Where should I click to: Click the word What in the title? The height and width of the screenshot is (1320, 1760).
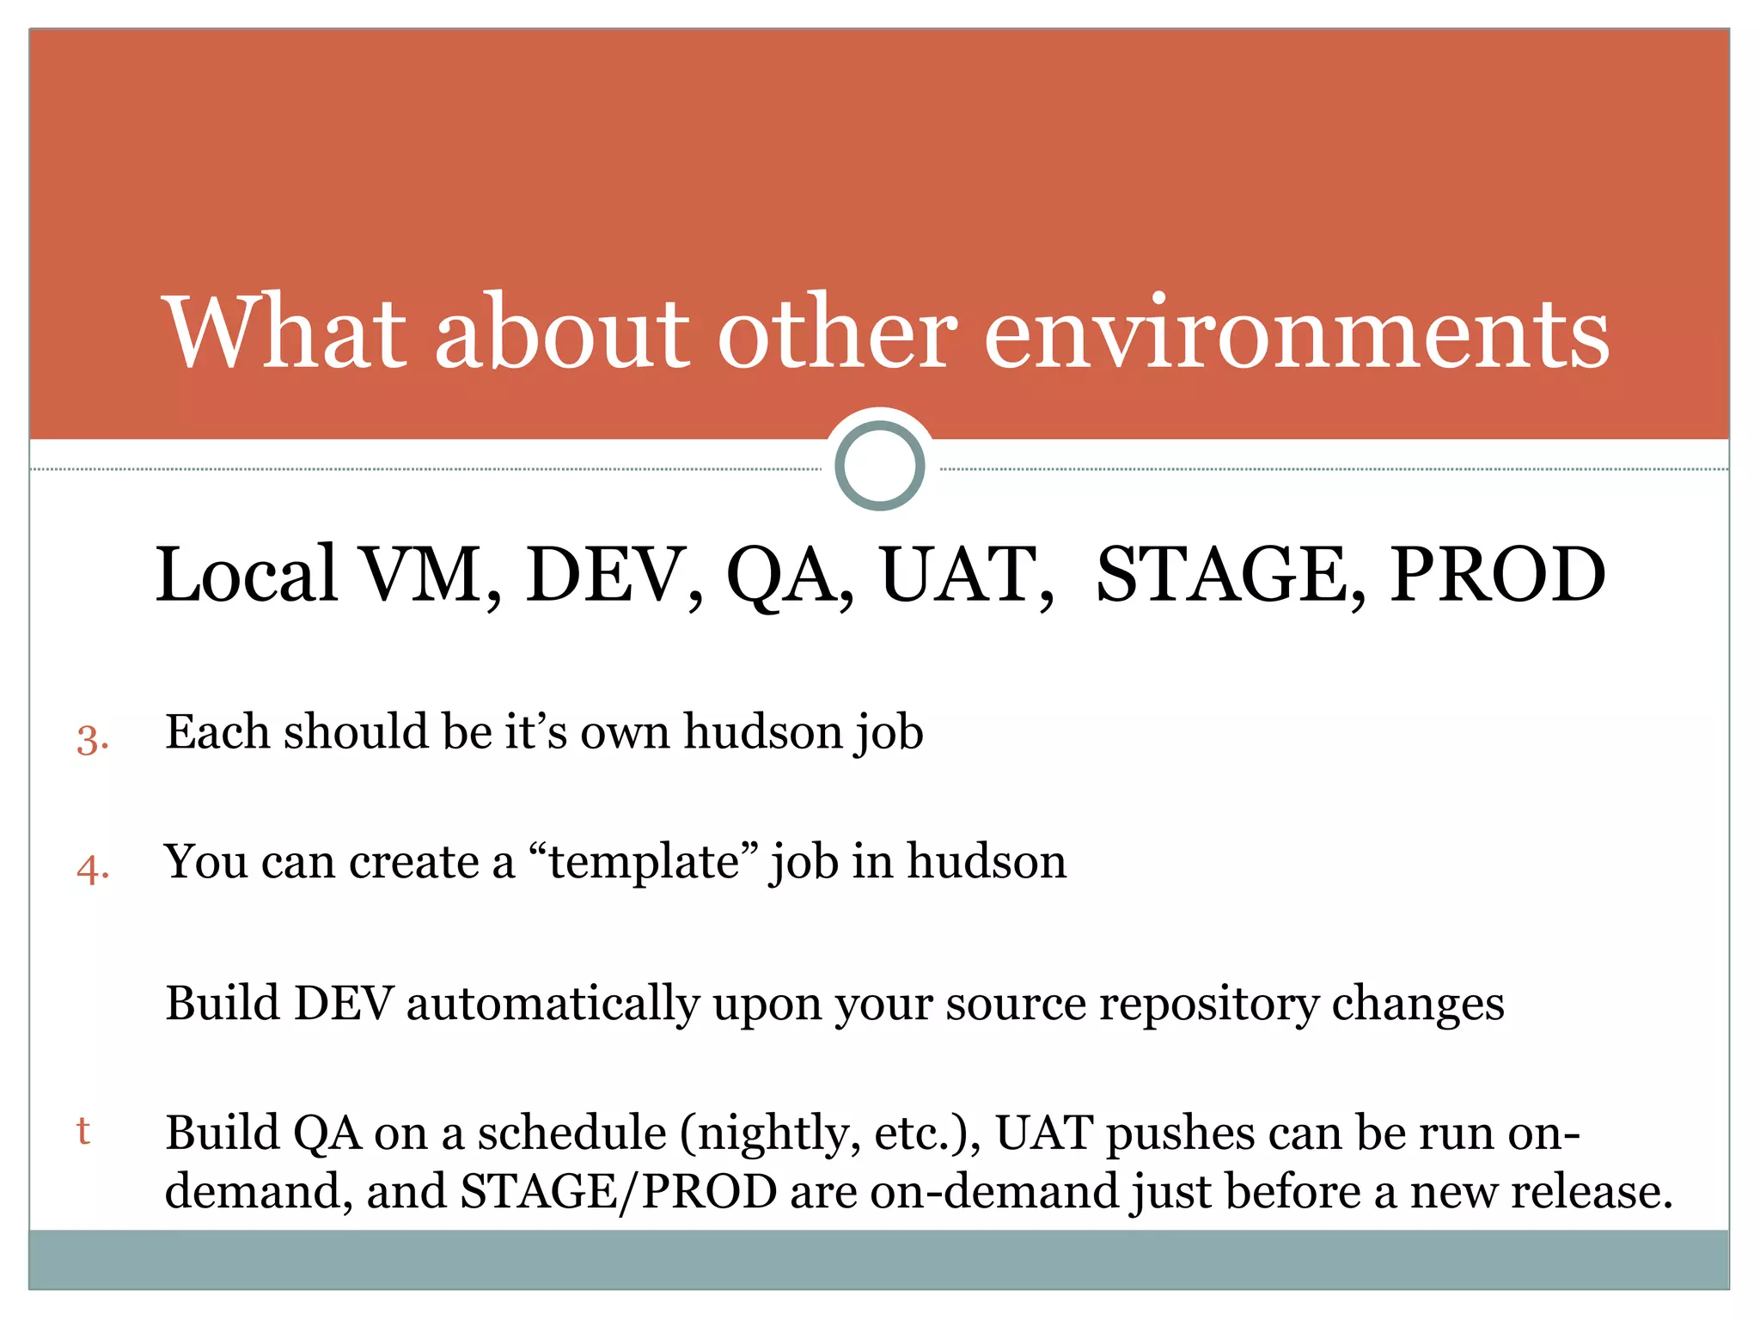[284, 333]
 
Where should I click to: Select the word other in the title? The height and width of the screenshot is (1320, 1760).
[837, 333]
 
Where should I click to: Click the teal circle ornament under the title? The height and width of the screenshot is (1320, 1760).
[879, 466]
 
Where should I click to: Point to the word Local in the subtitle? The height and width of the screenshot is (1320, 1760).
[247, 574]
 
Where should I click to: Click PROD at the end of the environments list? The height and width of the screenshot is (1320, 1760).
[1497, 574]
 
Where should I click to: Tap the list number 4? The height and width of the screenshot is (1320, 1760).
[92, 869]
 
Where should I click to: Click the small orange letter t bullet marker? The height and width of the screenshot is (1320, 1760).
[83, 1130]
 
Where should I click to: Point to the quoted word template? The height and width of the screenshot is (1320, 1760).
[644, 862]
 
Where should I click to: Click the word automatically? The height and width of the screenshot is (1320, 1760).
[553, 1004]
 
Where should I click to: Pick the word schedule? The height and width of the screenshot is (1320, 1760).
[571, 1133]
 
